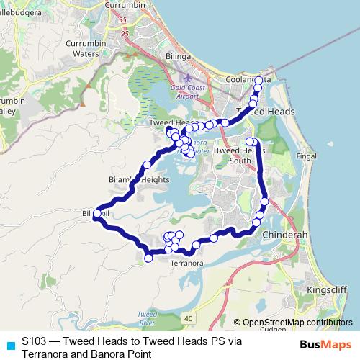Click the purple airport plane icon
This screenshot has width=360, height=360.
(188, 77)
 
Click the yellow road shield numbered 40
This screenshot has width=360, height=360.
(189, 318)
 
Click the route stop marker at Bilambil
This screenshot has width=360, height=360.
(96, 213)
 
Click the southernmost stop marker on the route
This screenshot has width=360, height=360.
(148, 258)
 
